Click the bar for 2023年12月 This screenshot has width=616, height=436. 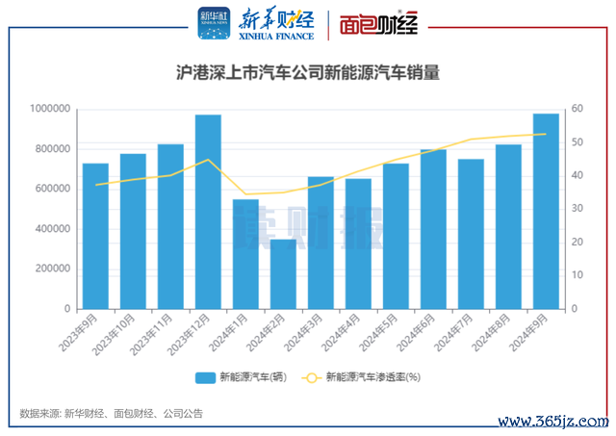point(208,212)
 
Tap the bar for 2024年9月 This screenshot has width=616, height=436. point(546,211)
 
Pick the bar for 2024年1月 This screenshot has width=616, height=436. point(245,254)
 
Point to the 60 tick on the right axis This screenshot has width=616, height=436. point(576,109)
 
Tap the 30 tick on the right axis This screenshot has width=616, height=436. point(576,209)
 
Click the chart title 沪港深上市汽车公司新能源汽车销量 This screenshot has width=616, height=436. point(308,72)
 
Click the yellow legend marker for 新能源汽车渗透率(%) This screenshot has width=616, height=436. point(312,377)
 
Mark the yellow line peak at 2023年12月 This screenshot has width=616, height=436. point(208,160)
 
